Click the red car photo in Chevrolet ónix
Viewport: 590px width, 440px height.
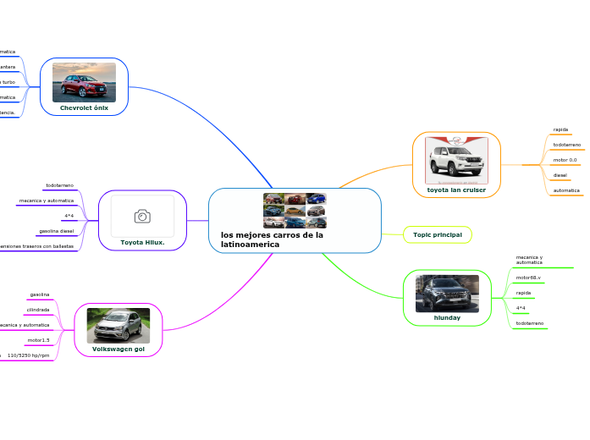click(84, 81)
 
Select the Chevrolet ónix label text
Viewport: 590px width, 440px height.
click(84, 108)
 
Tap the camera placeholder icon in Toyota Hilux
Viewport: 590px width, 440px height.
click(142, 217)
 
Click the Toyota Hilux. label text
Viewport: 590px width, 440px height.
click(142, 242)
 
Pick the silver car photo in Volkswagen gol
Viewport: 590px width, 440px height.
click(118, 325)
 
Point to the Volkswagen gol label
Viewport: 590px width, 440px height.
click(118, 349)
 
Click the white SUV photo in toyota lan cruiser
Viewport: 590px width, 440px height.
click(456, 160)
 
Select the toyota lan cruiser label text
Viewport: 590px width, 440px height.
click(456, 190)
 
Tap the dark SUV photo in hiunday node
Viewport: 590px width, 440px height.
click(447, 293)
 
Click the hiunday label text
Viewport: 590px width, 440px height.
click(447, 318)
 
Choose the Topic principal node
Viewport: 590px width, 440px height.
click(438, 234)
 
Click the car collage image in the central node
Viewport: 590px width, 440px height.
click(295, 211)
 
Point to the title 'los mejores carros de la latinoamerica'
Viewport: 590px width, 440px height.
click(272, 239)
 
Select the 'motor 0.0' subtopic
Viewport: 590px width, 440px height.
click(565, 160)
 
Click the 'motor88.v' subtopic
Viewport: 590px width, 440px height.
click(528, 278)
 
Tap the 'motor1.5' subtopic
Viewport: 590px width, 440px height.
click(39, 340)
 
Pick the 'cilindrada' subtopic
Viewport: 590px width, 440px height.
click(38, 310)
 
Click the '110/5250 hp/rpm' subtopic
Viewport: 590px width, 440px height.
click(29, 356)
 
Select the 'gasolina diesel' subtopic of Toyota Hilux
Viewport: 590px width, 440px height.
click(56, 231)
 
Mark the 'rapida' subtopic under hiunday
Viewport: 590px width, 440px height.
click(523, 293)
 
